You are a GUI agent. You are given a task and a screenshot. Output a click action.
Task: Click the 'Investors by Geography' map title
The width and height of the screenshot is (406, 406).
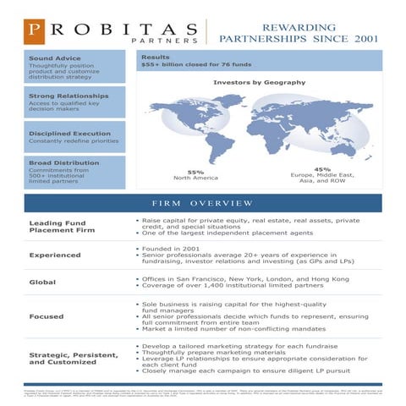[259, 82]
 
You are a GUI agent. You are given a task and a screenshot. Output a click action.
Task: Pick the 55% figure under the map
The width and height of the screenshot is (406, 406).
[195, 172]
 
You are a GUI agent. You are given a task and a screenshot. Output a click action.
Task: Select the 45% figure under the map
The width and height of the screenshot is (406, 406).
[322, 168]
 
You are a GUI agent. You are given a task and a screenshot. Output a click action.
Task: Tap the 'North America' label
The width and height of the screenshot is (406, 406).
[195, 178]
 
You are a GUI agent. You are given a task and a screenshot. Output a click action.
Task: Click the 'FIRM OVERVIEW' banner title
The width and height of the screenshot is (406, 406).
[202, 204]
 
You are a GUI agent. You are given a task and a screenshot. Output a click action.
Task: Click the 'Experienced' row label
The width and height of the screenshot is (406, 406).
[55, 255]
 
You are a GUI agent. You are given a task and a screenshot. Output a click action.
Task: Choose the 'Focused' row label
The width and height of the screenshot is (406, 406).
[47, 318]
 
